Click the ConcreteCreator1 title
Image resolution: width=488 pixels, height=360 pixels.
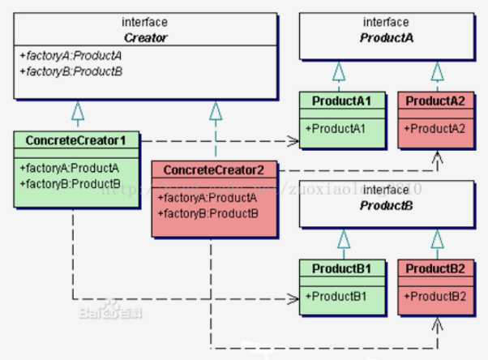pyautogui.click(x=76, y=140)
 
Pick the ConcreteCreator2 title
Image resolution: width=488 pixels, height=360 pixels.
pyautogui.click(x=215, y=170)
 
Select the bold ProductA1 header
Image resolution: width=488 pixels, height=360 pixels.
pyautogui.click(x=342, y=101)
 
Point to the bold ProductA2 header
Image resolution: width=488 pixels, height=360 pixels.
pyautogui.click(x=436, y=101)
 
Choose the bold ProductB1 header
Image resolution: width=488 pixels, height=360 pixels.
pyautogui.click(x=342, y=268)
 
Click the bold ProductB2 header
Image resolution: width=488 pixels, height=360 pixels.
pyautogui.click(x=436, y=268)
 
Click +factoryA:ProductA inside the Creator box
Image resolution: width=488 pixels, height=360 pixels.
pyautogui.click(x=61, y=55)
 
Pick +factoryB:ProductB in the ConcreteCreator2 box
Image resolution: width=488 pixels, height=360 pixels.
pyautogui.click(x=209, y=213)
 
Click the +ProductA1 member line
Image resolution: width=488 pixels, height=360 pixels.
pyautogui.click(x=333, y=128)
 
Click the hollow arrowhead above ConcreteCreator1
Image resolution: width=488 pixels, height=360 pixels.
pyautogui.click(x=76, y=110)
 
